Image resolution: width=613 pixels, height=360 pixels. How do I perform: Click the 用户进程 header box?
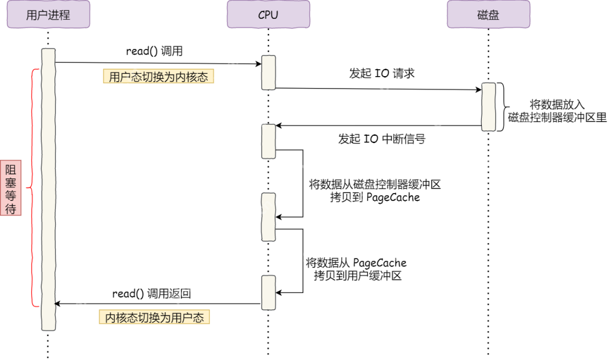click(x=48, y=15)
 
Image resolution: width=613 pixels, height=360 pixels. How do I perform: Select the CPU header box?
click(x=268, y=15)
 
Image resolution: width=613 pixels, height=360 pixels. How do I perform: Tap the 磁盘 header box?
click(x=488, y=15)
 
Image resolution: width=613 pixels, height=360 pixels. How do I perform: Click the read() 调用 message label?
click(x=154, y=51)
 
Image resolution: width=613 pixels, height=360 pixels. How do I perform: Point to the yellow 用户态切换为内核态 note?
click(x=158, y=77)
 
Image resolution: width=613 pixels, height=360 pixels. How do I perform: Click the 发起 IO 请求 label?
click(x=382, y=73)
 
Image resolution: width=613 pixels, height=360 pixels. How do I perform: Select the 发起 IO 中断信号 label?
click(x=382, y=139)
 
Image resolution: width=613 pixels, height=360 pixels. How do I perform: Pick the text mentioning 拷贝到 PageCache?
click(x=375, y=191)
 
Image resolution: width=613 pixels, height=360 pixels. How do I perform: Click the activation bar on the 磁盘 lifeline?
click(x=488, y=107)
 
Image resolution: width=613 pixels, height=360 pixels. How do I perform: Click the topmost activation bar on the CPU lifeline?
click(x=268, y=72)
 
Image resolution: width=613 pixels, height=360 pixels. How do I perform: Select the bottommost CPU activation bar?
click(x=268, y=292)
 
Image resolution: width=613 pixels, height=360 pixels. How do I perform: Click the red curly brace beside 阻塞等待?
click(x=34, y=187)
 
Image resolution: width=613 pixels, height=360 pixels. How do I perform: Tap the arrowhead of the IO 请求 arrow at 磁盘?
click(x=478, y=90)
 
